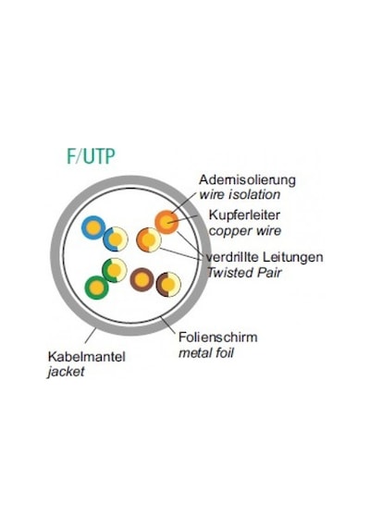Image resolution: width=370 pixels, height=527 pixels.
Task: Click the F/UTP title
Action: tap(91, 156)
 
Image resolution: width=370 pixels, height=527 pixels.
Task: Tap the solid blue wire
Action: tap(93, 227)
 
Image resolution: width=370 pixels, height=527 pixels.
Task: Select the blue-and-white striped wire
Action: tap(116, 239)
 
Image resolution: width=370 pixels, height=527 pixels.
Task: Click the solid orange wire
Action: tap(166, 222)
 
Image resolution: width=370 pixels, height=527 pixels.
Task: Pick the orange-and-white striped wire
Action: tap(149, 240)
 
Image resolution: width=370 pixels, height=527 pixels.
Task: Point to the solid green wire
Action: tap(97, 288)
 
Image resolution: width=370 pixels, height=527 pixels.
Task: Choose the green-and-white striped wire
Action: tap(115, 270)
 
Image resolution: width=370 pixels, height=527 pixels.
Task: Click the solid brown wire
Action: tap(142, 279)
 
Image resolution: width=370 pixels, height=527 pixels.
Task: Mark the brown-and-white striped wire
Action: tap(168, 285)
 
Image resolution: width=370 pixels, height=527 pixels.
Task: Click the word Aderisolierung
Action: tap(247, 180)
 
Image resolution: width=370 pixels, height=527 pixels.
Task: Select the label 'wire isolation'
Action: tap(240, 194)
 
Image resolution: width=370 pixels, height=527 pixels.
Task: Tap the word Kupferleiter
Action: tap(244, 215)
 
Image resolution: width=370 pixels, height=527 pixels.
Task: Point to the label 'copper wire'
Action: tap(245, 231)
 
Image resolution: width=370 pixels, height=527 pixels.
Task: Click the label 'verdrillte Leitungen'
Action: tap(265, 257)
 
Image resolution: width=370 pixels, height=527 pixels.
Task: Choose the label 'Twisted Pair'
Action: tap(244, 273)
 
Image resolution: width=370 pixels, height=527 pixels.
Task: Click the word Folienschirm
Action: tap(218, 337)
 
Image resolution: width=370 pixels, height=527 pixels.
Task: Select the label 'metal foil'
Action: tap(206, 353)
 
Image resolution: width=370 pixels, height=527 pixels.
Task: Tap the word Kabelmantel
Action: tap(86, 356)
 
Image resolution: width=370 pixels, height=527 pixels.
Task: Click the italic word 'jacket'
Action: tap(66, 372)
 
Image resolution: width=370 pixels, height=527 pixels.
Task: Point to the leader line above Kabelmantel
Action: tap(90, 336)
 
